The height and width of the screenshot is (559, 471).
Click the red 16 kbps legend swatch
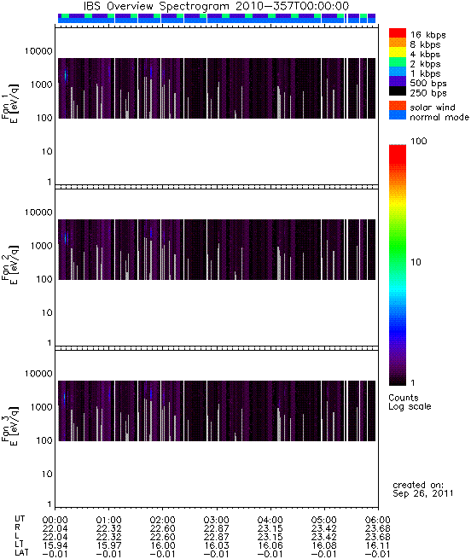coord(398,32)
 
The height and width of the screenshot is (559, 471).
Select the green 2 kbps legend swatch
coord(398,62)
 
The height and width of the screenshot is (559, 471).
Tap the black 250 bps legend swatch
coord(398,91)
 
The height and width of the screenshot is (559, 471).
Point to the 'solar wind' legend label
coord(433,108)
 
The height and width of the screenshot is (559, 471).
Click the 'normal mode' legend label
coord(439,117)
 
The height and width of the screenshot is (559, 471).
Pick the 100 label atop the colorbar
coord(419,141)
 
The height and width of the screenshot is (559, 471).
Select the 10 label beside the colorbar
coord(416,262)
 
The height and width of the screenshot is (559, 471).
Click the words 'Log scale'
coord(410,406)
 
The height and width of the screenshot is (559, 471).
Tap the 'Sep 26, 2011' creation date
coord(423,493)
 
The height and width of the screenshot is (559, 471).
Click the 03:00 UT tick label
coord(217,520)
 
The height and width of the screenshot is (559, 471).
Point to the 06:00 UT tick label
coord(378,520)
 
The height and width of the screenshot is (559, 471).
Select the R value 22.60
coord(163,528)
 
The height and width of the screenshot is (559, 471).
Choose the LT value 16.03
coord(217,546)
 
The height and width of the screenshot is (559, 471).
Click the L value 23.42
coord(324,538)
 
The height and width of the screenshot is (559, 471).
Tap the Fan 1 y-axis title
coord(10,104)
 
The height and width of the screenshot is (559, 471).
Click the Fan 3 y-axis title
coord(10,427)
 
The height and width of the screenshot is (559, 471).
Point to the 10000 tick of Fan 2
coord(38,213)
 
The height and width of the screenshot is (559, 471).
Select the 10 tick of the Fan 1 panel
coord(47,152)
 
